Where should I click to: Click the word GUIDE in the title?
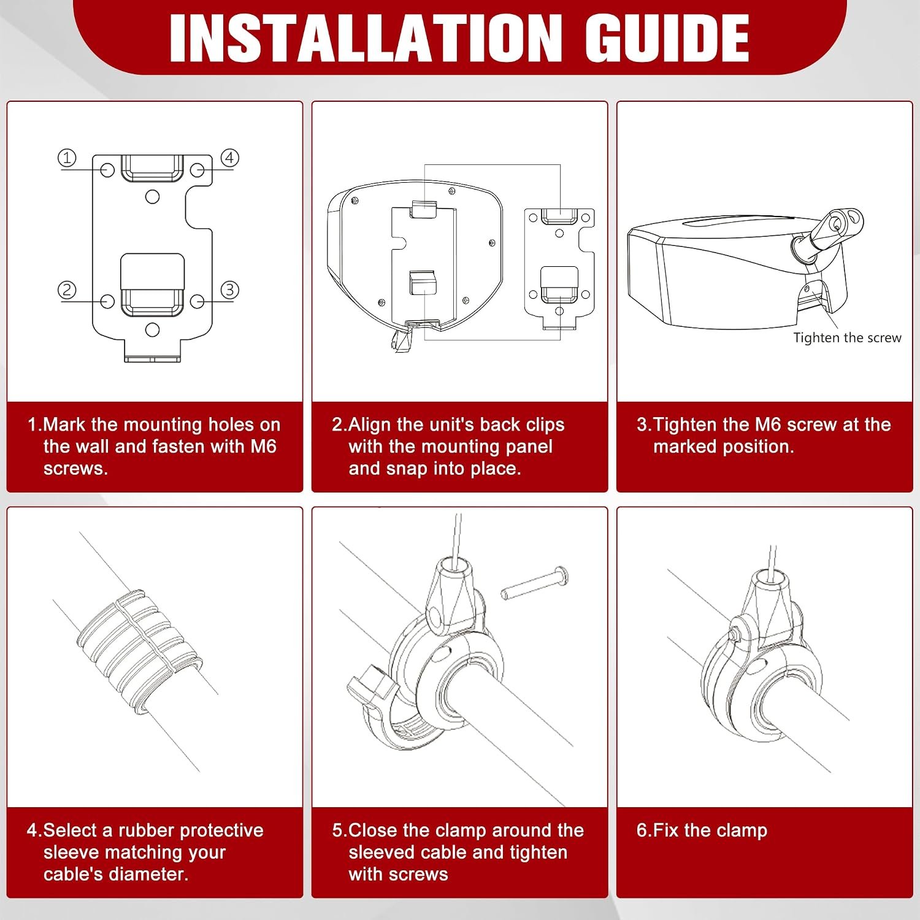tap(666, 38)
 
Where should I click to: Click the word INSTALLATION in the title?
tap(366, 38)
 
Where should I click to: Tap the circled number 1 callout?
tap(67, 158)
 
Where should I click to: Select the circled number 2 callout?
tap(67, 289)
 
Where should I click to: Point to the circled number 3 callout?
tap(229, 289)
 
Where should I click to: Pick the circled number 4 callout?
tap(229, 158)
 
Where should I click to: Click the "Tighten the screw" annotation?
tap(847, 337)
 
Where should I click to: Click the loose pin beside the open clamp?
tap(534, 583)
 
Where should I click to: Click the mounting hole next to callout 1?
tap(107, 170)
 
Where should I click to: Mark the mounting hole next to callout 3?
tap(197, 301)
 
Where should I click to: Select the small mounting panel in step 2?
tap(559, 270)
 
